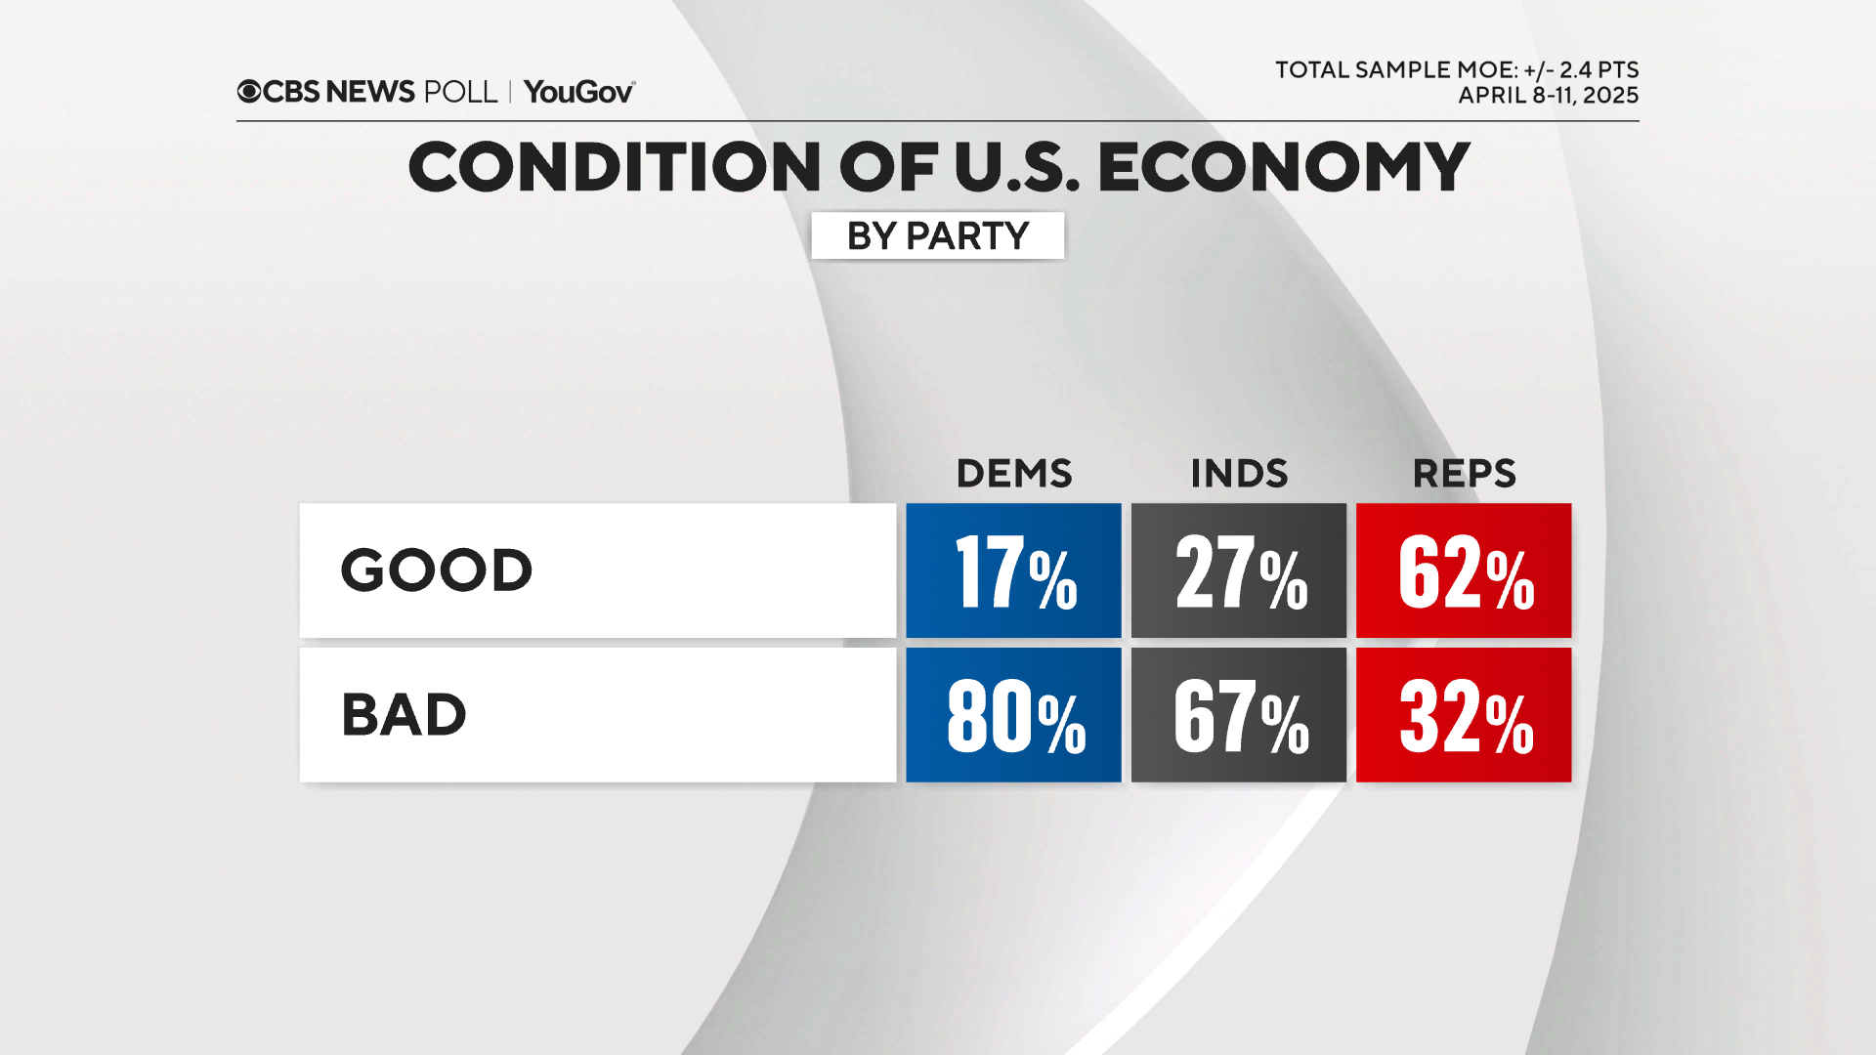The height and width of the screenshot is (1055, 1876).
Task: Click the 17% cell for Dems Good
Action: pos(1013,571)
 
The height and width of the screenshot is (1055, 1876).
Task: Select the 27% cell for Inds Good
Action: pos(1238,571)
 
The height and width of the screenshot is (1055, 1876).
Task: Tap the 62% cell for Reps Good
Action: pos(1464,571)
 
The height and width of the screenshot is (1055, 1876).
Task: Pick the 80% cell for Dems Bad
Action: pos(1013,715)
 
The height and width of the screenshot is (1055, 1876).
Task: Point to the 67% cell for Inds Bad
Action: pos(1238,715)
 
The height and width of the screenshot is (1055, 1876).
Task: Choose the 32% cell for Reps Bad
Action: pos(1464,715)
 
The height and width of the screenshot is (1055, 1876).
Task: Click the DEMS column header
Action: pos(1013,474)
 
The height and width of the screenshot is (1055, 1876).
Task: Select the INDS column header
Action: pos(1238,474)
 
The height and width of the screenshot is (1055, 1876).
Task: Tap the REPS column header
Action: pos(1464,474)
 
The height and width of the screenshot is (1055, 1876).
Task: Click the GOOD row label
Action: pos(436,570)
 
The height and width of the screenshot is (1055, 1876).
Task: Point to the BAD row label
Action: pos(404,715)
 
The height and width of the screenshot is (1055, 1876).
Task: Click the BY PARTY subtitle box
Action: pos(937,235)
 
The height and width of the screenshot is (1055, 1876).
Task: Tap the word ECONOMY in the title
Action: pos(1283,166)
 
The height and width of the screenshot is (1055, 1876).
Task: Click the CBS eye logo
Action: pos(249,92)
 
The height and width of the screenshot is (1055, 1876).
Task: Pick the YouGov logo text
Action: pos(578,92)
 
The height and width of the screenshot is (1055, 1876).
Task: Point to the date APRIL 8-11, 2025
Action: pos(1548,96)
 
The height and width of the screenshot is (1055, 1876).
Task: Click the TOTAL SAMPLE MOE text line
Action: pos(1456,70)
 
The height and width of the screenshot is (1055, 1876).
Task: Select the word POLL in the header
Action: pos(460,92)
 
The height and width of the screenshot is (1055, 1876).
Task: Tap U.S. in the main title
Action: pos(1016,166)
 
